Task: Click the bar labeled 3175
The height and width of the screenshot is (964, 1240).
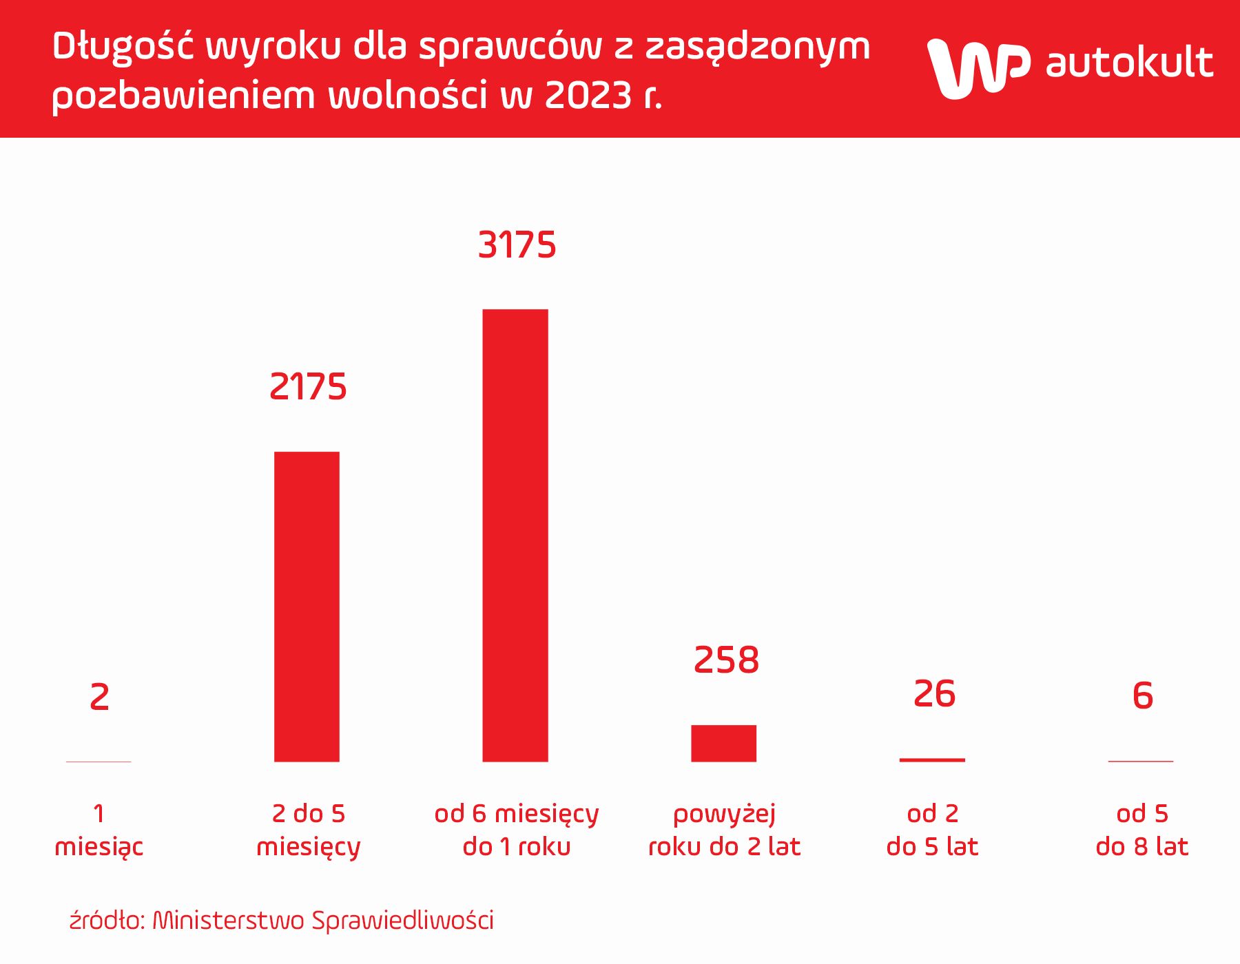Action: [515, 536]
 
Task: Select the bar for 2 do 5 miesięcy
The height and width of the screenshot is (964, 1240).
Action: [307, 606]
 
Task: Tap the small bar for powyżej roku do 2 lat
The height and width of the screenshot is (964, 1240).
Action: [723, 744]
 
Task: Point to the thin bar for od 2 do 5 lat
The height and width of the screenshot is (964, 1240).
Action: [932, 760]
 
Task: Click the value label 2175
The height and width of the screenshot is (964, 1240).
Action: [308, 387]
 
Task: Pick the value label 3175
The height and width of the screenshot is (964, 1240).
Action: [517, 246]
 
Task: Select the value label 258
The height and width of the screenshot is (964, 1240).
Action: [726, 660]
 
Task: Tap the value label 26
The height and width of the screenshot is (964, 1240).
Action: [934, 694]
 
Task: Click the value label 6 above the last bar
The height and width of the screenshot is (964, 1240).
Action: [1142, 695]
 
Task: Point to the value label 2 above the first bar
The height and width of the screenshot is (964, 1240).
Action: [99, 698]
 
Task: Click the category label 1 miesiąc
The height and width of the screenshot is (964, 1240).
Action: [99, 830]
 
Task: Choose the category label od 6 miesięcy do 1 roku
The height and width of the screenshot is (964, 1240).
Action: [517, 830]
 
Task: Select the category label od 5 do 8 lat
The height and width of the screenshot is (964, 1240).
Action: [1142, 830]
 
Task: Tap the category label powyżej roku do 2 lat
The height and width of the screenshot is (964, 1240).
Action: [725, 830]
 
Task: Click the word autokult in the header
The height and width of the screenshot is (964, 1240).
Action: [1129, 63]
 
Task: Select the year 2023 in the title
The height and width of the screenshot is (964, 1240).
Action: [588, 95]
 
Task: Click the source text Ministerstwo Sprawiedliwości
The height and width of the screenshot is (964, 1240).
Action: [322, 921]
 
